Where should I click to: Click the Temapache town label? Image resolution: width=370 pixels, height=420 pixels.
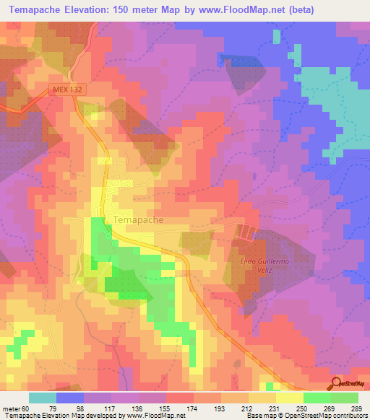click(139, 219)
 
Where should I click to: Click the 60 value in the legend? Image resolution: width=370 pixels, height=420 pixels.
click(30, 409)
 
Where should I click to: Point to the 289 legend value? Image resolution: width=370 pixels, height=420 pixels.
click(358, 409)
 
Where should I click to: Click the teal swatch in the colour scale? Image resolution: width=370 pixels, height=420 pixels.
click(43, 398)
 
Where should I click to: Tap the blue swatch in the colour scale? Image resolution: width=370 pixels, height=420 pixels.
click(70, 398)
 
